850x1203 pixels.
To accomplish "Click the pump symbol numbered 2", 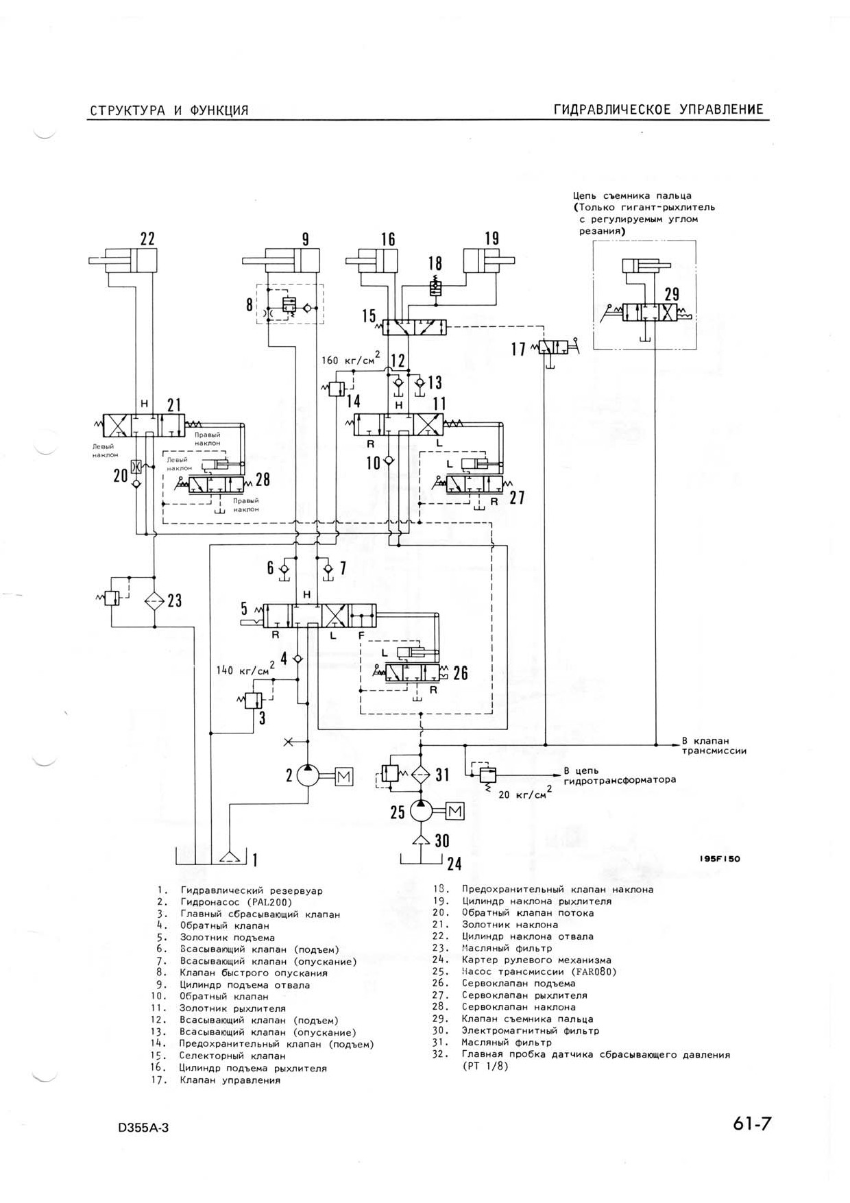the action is pyautogui.click(x=308, y=776).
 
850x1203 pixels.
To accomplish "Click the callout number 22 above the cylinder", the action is pyautogui.click(x=147, y=239).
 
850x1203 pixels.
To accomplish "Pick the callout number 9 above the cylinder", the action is pyautogui.click(x=306, y=239).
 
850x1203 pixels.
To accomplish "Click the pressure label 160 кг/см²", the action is pyautogui.click(x=351, y=359).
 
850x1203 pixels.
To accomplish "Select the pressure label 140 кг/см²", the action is pyautogui.click(x=245, y=668).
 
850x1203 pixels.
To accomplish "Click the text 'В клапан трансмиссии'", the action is pyautogui.click(x=714, y=746).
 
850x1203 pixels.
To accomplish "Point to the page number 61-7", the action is pyautogui.click(x=752, y=1125).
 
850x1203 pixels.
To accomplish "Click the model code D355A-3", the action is pyautogui.click(x=143, y=1128).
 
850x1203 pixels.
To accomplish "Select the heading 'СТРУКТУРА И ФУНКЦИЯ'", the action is pyautogui.click(x=169, y=110).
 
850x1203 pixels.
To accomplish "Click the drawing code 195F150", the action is pyautogui.click(x=720, y=859).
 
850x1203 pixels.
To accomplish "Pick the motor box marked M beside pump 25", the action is pyautogui.click(x=455, y=812).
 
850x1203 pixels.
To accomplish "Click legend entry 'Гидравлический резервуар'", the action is pyautogui.click(x=252, y=890).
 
